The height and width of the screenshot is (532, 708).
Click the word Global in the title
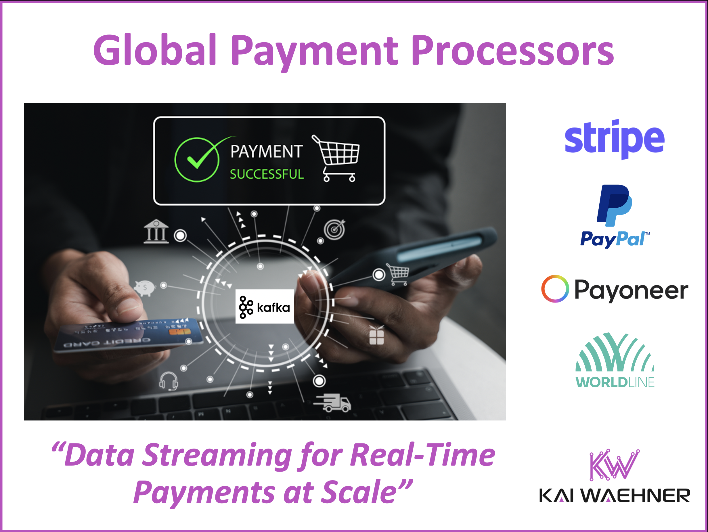tap(155, 50)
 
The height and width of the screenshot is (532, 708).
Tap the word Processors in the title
tap(512, 50)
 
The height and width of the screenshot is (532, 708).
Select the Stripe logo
tap(614, 139)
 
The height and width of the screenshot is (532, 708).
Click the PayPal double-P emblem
tap(614, 206)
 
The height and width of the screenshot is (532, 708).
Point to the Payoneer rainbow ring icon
tap(555, 289)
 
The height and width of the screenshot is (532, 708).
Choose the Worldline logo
tap(615, 360)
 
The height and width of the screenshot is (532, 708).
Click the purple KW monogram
tap(614, 465)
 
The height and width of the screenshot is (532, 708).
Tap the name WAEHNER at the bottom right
tap(635, 495)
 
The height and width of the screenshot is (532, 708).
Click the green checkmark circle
tap(197, 160)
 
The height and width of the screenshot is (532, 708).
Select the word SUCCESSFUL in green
tap(267, 175)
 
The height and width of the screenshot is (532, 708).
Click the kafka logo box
tap(265, 307)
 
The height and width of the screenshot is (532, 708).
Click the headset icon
tap(169, 381)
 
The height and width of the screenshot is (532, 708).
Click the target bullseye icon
tap(334, 229)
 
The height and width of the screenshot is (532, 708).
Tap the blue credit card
tap(128, 334)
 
